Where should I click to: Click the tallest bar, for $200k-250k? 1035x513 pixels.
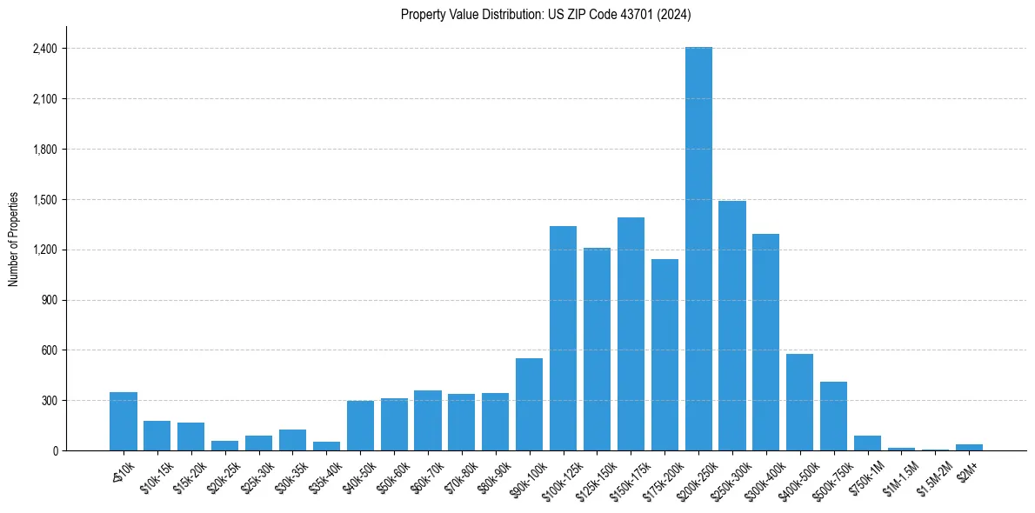(698, 249)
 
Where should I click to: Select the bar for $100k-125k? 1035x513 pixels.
(563, 338)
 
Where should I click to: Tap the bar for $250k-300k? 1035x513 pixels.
(732, 326)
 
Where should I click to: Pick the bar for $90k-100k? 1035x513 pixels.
(529, 404)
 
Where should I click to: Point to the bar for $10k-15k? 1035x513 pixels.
(157, 436)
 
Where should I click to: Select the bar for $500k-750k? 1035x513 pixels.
(833, 416)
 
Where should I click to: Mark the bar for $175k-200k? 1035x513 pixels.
(664, 355)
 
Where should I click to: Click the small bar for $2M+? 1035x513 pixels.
(969, 447)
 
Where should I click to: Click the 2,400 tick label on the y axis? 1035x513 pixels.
(44, 49)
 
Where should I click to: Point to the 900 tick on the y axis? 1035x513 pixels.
(50, 300)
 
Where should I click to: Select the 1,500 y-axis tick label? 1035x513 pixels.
(44, 200)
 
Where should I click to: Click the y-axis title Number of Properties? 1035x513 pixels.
(14, 239)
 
